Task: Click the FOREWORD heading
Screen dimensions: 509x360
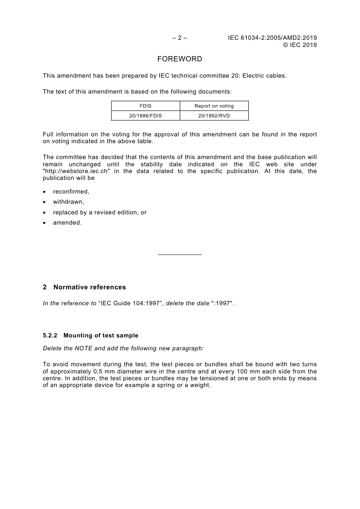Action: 180,59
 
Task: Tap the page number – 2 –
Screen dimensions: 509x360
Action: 180,38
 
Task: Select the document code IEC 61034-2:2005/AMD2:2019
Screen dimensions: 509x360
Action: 272,38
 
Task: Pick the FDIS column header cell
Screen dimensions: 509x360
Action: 146,106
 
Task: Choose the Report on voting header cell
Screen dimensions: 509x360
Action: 214,106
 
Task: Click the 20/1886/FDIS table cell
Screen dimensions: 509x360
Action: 146,116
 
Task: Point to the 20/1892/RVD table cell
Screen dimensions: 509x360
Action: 214,116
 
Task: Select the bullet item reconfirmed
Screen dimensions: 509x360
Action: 71,192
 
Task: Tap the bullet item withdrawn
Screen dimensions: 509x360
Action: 69,202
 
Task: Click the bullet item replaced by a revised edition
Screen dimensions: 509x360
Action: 100,212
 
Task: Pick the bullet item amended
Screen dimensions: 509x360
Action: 67,223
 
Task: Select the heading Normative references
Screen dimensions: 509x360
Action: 89,287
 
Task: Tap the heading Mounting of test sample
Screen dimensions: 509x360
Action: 101,336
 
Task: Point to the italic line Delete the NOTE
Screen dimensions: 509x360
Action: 123,348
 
